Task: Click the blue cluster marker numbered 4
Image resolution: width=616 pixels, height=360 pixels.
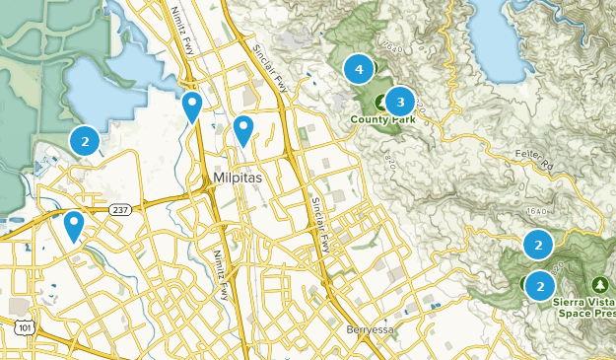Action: click(359, 69)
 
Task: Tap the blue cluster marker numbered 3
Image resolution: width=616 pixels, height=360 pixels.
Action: click(399, 101)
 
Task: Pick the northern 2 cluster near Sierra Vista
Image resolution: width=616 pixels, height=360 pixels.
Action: click(538, 243)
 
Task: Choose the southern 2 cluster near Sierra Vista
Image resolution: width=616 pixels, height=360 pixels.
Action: click(540, 285)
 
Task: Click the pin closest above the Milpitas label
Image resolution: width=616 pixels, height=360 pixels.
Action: click(242, 128)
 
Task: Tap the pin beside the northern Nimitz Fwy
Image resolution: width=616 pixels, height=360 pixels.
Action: click(193, 105)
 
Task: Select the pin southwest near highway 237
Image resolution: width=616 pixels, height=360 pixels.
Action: click(74, 225)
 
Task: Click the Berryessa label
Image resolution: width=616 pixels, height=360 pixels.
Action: click(373, 328)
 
